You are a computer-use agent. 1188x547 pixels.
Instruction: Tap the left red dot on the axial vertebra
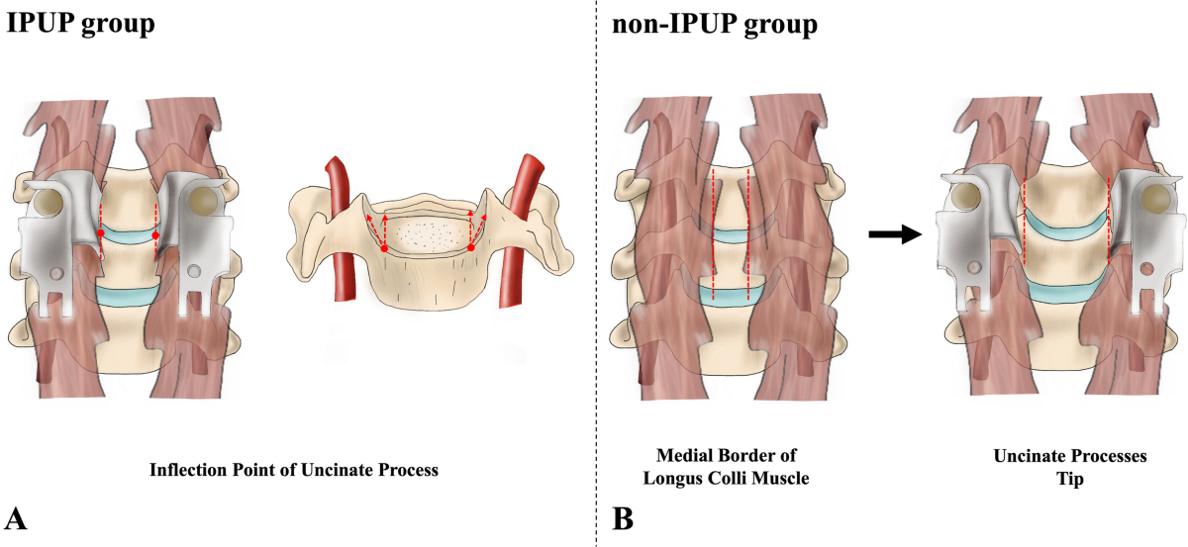[384, 248]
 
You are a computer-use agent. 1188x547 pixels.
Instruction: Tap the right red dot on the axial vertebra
[471, 247]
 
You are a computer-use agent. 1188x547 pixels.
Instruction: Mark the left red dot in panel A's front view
[100, 233]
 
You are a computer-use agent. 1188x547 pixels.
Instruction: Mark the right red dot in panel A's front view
[156, 233]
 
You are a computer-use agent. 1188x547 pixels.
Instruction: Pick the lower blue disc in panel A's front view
[128, 295]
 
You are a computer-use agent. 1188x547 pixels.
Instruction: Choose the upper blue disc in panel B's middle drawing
[731, 234]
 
